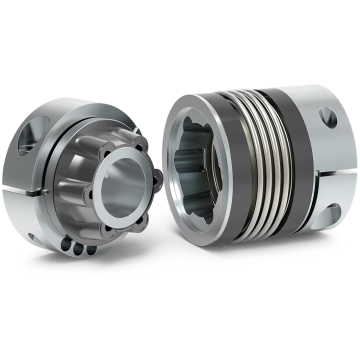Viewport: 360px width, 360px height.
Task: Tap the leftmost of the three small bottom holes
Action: pos(66,243)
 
